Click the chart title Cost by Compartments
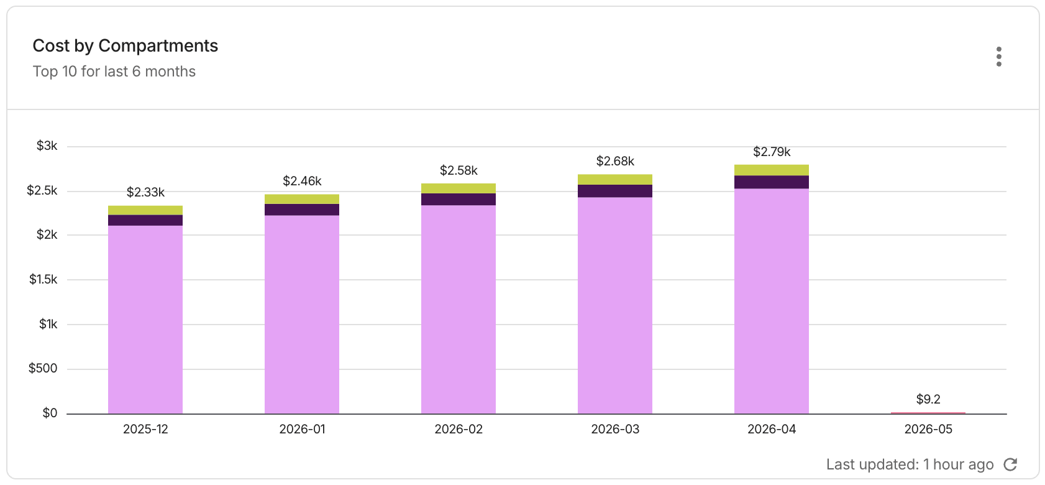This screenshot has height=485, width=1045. [x=125, y=46]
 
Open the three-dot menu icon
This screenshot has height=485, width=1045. [x=999, y=57]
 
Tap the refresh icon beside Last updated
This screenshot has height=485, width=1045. [x=1010, y=464]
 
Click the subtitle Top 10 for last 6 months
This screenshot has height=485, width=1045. [x=114, y=72]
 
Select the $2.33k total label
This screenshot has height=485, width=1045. [x=145, y=192]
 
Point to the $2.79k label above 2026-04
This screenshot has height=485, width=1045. [x=772, y=152]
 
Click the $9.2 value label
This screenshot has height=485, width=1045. [x=928, y=399]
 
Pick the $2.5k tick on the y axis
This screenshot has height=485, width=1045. [x=42, y=190]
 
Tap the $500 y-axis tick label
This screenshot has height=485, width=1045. [x=43, y=368]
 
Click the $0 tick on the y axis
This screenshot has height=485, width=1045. [x=50, y=413]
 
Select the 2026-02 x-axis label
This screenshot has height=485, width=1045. [x=459, y=429]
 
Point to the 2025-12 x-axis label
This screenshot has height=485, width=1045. [x=145, y=429]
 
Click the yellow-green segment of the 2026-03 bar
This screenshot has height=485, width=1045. [x=615, y=180]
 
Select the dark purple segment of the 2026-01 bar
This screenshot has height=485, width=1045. [x=302, y=210]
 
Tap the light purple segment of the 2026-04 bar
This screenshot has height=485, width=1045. [x=772, y=301]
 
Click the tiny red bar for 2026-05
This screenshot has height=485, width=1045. [x=928, y=413]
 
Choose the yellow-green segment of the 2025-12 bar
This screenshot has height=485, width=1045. [x=145, y=211]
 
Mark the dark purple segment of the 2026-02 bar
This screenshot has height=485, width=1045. [x=459, y=200]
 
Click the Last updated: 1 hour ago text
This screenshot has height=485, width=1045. [x=910, y=464]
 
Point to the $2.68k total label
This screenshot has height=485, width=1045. [x=615, y=161]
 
